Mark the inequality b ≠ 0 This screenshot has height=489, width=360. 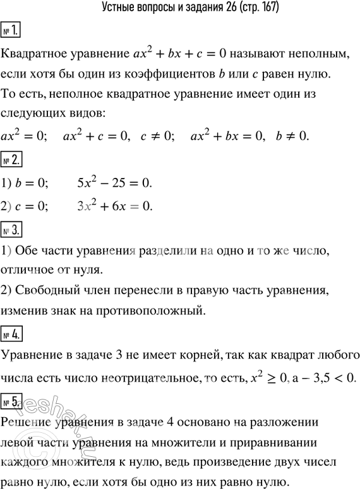click(290, 136)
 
